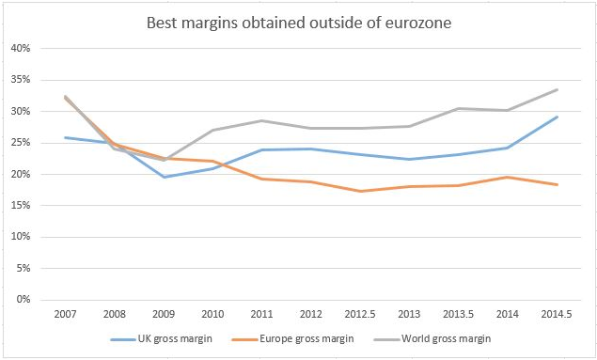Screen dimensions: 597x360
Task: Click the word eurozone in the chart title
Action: [x=418, y=23]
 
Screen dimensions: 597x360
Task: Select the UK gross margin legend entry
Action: [x=162, y=338]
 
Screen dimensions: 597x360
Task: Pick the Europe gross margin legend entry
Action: [x=292, y=338]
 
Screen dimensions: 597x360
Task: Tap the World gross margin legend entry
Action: [x=432, y=338]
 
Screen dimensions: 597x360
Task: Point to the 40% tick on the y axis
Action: [x=21, y=48]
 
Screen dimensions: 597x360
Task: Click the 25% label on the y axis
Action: [x=21, y=143]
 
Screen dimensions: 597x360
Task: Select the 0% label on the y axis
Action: [x=24, y=300]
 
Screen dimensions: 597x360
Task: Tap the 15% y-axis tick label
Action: [x=21, y=206]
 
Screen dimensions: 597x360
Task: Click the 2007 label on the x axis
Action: [x=65, y=314]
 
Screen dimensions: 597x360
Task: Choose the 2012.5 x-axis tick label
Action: [x=360, y=314]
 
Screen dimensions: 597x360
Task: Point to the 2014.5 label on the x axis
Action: [x=557, y=314]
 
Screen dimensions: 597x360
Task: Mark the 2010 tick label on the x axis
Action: [x=212, y=314]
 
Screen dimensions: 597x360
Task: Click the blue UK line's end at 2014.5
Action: [x=557, y=117]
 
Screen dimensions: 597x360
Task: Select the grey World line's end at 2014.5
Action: [x=557, y=90]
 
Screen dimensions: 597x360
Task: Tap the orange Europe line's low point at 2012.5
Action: [x=360, y=191]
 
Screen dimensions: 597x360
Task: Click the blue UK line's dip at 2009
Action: [x=164, y=177]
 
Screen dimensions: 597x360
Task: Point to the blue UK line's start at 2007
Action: [x=66, y=137]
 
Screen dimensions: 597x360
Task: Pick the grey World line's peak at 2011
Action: [x=262, y=120]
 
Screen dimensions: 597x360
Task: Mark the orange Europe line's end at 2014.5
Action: [x=557, y=184]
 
